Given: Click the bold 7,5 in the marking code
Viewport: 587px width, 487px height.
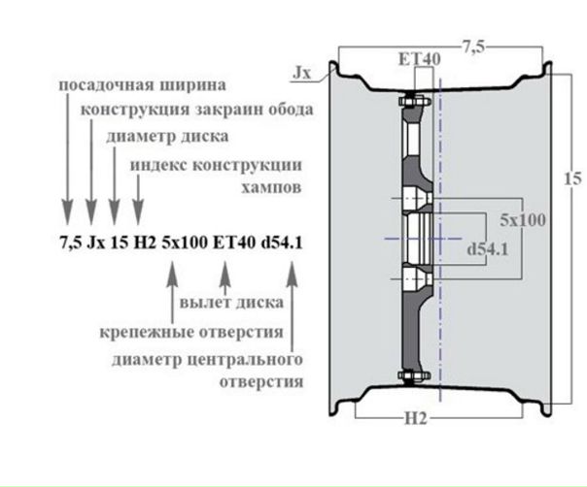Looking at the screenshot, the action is [71, 243].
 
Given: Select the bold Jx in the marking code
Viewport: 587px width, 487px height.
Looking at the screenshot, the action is [96, 243].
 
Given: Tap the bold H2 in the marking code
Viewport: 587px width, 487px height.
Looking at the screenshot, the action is [145, 243].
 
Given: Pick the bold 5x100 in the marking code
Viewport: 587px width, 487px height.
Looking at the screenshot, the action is [185, 243].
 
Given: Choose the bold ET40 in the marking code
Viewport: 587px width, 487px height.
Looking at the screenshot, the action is [234, 243].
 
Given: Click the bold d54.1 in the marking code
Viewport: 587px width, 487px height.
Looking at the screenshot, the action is [282, 243].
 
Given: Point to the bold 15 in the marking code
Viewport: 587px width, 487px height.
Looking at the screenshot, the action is [120, 243].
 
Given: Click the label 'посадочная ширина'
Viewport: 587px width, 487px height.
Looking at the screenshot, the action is [143, 85].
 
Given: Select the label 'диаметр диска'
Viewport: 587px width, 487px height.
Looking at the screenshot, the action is [167, 137].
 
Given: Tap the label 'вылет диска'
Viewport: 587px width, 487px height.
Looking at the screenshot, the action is [231, 303].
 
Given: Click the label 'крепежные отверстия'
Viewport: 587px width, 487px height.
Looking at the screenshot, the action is [191, 332].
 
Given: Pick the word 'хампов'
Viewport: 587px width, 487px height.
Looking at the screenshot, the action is [271, 187].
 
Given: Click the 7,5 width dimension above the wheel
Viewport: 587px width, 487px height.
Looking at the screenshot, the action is [473, 48].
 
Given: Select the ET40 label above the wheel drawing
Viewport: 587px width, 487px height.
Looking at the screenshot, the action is [420, 59].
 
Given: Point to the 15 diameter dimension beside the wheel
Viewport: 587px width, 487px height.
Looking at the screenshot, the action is [573, 179].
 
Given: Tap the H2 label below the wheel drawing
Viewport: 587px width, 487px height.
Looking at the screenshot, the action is [416, 418].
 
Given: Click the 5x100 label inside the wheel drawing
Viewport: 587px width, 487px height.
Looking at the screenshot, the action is [523, 220].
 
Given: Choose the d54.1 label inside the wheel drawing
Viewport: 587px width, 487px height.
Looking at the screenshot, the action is [488, 249].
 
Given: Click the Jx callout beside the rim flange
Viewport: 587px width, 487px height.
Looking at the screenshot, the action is [301, 73].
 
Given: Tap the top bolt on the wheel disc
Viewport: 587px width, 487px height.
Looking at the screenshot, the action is [415, 101].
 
